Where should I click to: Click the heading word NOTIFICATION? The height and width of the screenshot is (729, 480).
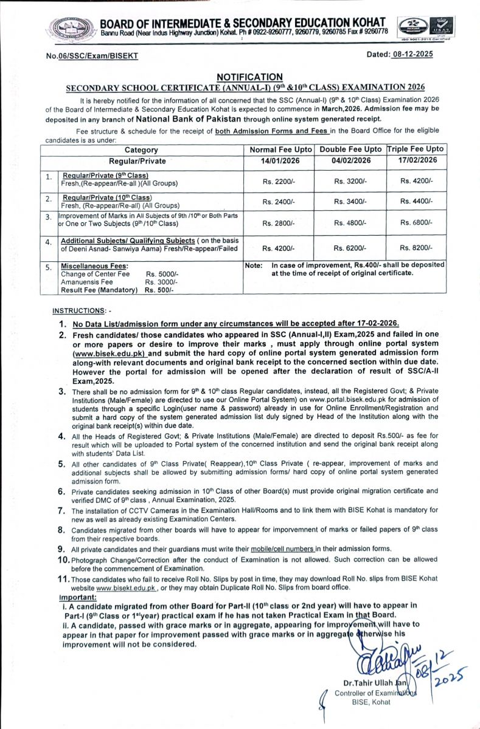[249, 77]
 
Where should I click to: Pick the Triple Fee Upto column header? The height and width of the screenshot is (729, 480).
[416, 149]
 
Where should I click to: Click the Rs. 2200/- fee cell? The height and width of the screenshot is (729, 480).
[278, 181]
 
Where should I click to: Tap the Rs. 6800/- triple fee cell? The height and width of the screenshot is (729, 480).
[416, 223]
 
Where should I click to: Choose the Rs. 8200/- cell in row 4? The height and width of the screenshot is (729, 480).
[416, 248]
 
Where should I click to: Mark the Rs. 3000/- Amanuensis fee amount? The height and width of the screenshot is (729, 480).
[161, 282]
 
